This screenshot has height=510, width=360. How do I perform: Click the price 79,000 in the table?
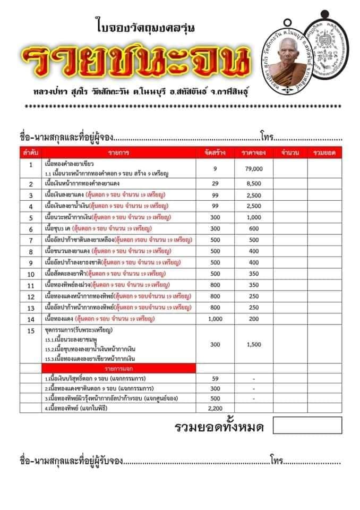tap(254, 168)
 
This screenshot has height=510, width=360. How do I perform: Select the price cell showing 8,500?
tap(254, 184)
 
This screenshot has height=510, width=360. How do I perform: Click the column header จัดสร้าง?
tap(215, 153)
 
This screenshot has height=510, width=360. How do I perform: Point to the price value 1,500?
tap(254, 344)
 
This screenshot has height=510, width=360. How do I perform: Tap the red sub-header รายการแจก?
tap(121, 368)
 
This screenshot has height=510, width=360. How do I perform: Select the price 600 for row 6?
tap(254, 228)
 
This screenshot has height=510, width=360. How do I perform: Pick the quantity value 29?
tap(215, 184)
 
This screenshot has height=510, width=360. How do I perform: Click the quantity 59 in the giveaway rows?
tap(215, 378)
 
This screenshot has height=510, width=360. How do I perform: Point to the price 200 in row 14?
tap(254, 319)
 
